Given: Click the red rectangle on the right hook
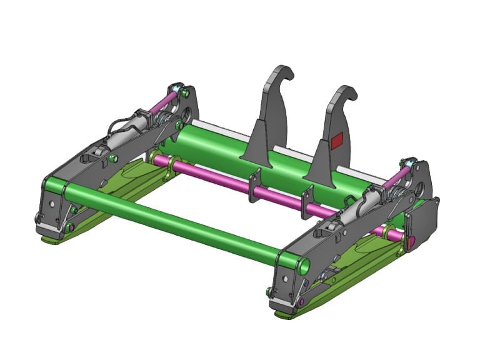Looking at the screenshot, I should point(336,141).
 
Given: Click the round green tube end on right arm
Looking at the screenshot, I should point(304,267).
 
